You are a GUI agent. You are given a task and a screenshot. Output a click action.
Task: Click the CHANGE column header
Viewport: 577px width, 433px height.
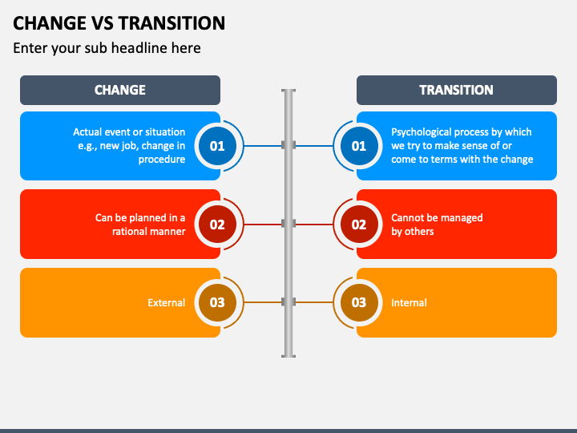coord(120,90)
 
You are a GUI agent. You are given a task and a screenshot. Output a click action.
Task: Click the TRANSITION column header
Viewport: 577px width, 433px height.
coord(456,90)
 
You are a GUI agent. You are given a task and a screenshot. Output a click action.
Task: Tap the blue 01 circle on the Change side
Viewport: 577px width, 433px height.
coord(217,146)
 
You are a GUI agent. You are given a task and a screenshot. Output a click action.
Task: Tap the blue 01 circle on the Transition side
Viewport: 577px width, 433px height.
coord(359,146)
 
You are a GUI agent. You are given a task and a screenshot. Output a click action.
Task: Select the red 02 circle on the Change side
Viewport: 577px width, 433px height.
coord(217,225)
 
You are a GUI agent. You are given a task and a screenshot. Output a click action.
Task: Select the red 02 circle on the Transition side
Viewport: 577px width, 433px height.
coord(359,225)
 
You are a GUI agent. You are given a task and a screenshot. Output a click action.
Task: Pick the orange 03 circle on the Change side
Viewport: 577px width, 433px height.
coord(217,302)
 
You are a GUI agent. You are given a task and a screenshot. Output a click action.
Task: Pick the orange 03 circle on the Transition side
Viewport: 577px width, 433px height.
coord(359,302)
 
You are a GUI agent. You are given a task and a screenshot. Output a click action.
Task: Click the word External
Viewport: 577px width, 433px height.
coord(166,302)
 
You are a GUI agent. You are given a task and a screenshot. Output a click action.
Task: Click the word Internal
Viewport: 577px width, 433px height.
coord(409,302)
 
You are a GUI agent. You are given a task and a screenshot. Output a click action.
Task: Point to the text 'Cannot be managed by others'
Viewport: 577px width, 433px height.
coord(436,225)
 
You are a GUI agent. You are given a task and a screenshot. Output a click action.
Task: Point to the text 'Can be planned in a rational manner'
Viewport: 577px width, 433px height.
coord(140,225)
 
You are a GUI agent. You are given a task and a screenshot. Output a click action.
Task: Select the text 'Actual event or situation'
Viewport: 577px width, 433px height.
coord(129,132)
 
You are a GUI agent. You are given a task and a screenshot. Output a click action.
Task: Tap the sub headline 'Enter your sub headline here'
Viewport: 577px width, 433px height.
coord(107,48)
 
